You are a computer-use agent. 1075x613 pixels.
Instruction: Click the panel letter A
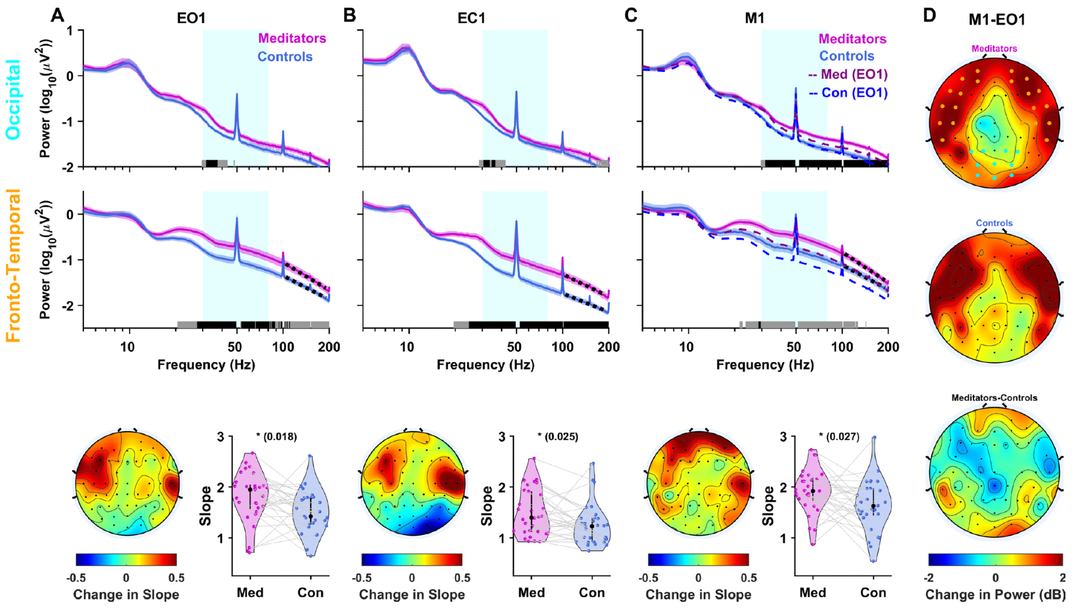(x=58, y=15)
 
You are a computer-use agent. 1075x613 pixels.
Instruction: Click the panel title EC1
(x=471, y=18)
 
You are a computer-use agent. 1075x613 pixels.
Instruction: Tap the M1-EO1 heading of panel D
(x=997, y=20)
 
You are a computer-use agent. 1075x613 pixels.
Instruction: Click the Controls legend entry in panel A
(x=285, y=56)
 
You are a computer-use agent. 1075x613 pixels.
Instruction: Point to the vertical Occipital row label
(x=13, y=99)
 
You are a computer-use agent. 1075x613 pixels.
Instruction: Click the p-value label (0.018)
(x=277, y=436)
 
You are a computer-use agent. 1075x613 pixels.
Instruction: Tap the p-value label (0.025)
(x=558, y=436)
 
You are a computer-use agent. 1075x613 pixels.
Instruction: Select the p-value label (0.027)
(x=840, y=436)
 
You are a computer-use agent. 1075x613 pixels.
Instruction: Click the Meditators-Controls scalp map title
(x=994, y=398)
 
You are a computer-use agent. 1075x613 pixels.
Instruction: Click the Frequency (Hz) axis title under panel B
(x=485, y=365)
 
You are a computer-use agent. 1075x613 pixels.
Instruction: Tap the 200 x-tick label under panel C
(x=888, y=347)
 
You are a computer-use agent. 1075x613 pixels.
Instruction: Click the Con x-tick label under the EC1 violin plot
(x=592, y=593)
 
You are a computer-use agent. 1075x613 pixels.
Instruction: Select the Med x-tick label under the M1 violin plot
(x=813, y=593)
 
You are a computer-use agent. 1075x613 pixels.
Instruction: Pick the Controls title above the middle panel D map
(x=994, y=223)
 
